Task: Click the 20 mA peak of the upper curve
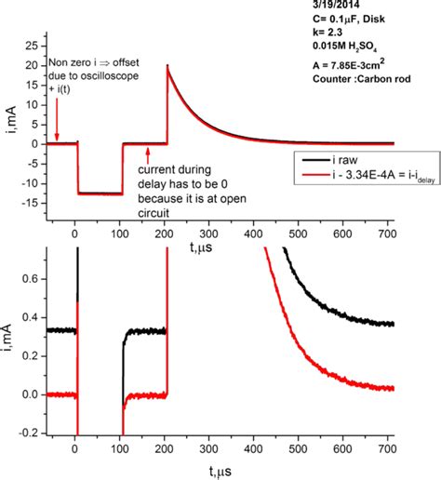tap(167, 66)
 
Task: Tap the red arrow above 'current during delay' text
tap(149, 153)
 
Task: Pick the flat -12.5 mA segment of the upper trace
tap(100, 193)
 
